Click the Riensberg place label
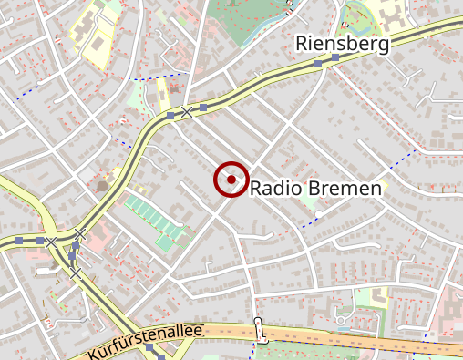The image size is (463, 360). click(x=342, y=44)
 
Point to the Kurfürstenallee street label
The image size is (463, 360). click(x=146, y=341)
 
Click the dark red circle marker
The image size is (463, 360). click(x=231, y=180)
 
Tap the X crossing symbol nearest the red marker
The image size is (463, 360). click(x=187, y=111)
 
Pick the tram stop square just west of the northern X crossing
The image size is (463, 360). click(x=170, y=116)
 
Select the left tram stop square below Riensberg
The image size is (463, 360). click(x=318, y=63)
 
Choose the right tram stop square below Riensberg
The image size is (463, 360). click(x=335, y=58)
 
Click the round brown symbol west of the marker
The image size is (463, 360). click(x=101, y=186)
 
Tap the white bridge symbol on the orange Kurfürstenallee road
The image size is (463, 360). click(x=260, y=328)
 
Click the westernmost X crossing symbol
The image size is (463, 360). click(x=52, y=242)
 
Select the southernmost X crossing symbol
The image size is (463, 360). click(x=76, y=273)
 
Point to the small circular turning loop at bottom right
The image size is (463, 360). click(x=343, y=320)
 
